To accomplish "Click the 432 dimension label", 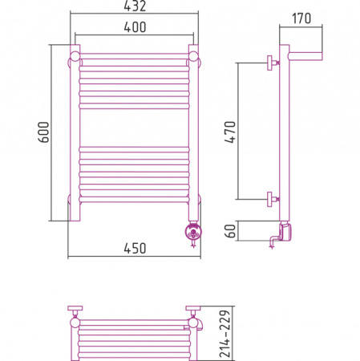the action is [135, 6].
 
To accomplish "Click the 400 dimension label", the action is [135, 27].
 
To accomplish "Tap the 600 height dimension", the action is [43, 132].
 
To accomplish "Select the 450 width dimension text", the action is [135, 249].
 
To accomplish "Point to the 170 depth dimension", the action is [301, 18].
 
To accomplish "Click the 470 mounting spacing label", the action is [230, 132].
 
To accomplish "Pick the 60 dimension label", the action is [230, 231].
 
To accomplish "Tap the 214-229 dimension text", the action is [224, 334].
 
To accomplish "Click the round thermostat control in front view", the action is [193, 231].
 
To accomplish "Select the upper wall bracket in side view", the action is [273, 63].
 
